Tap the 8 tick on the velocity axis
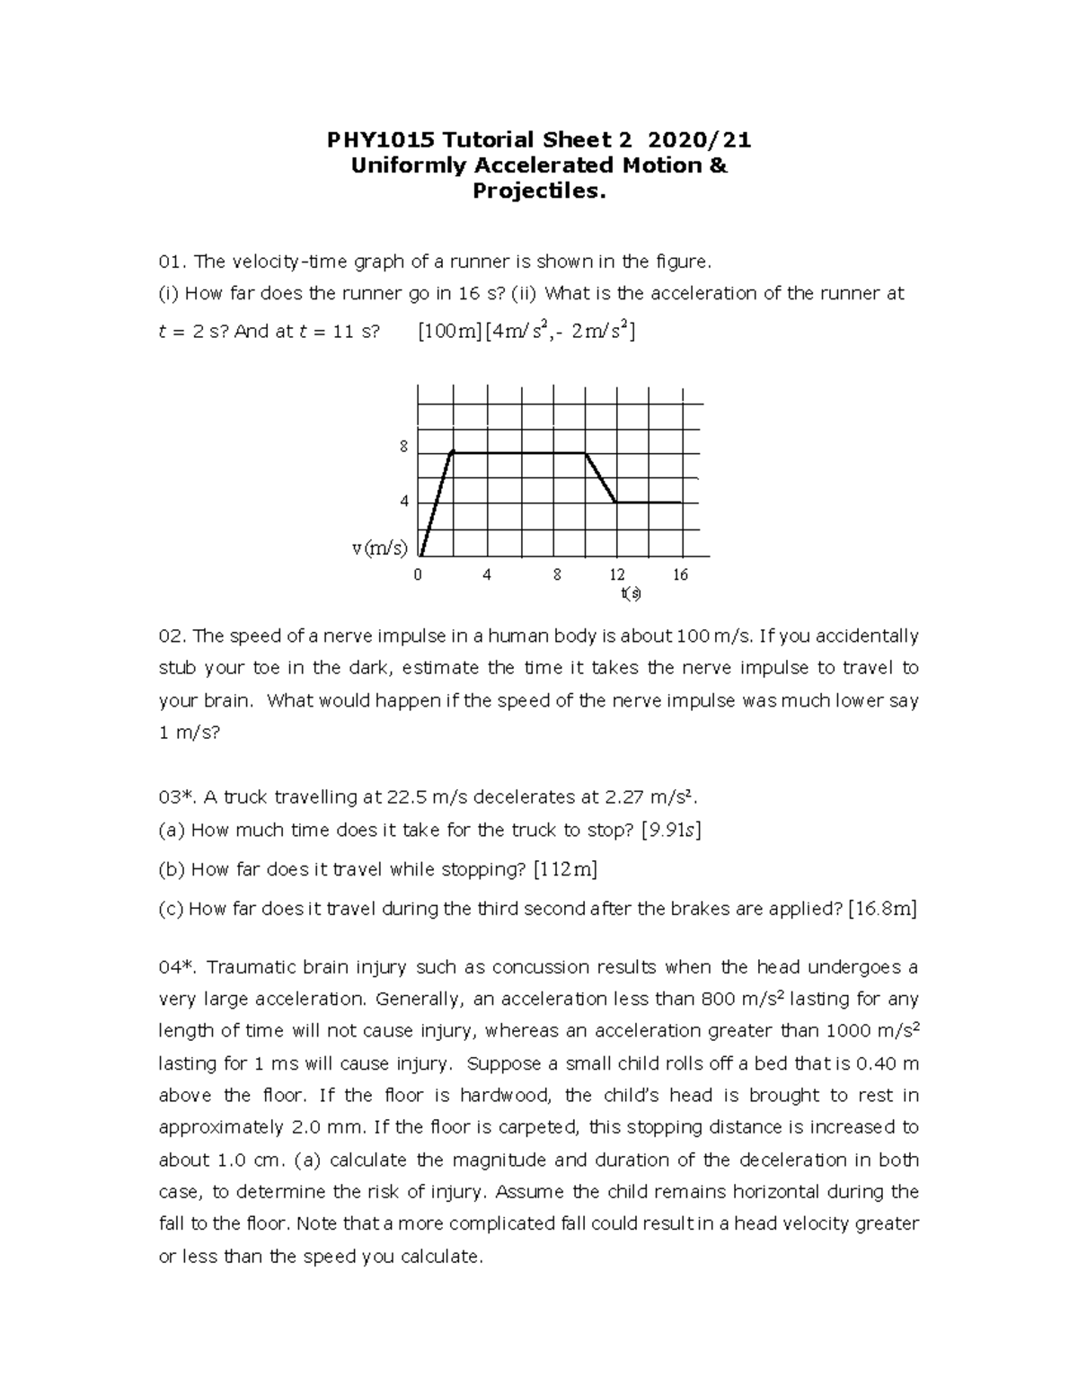click(404, 447)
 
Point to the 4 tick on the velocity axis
click(404, 502)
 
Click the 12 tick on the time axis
click(616, 575)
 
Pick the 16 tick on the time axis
click(680, 575)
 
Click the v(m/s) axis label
click(379, 548)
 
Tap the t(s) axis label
click(631, 593)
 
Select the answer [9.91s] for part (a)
click(670, 831)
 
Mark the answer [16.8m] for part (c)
click(882, 909)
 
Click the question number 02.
click(171, 637)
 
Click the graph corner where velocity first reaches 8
click(452, 452)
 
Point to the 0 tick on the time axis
click(418, 575)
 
